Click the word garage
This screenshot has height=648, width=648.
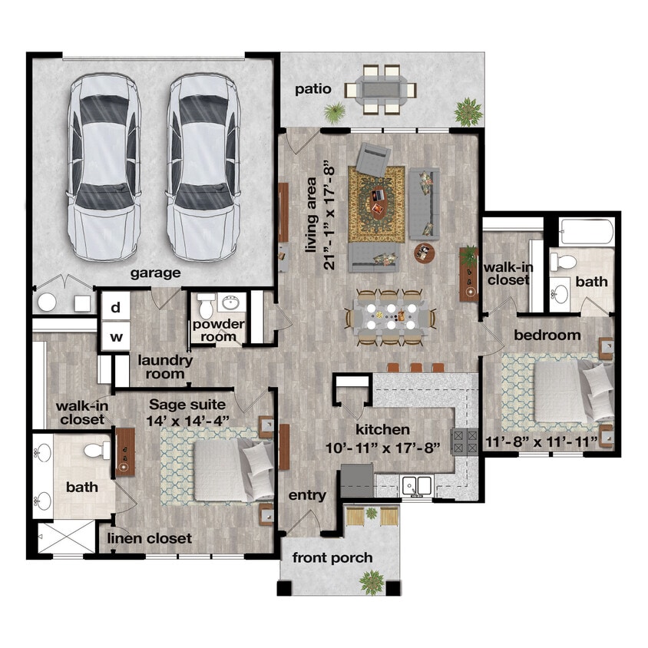point(155,273)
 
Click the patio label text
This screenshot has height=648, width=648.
point(313,90)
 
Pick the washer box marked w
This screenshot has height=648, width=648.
point(116,336)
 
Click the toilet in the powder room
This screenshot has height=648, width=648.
point(206,307)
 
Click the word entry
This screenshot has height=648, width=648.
point(307,496)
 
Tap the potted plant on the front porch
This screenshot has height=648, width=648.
point(372,581)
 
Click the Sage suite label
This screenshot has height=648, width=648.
point(187,405)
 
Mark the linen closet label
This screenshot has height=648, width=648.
point(150,538)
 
